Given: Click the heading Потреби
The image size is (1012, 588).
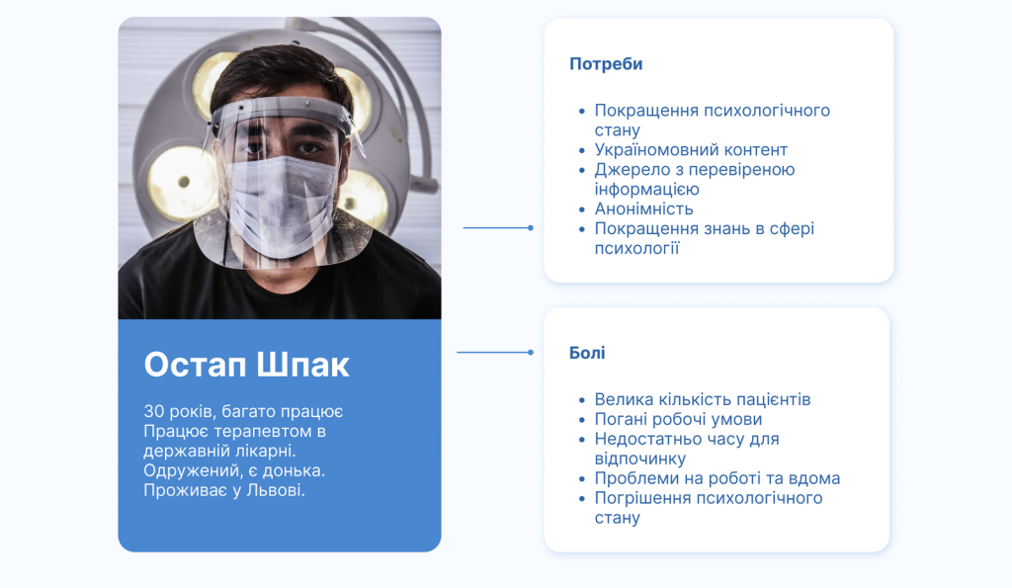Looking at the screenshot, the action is click(x=606, y=64).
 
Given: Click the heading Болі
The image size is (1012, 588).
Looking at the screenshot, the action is click(x=587, y=353).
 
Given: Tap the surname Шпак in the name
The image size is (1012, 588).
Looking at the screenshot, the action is click(x=302, y=365).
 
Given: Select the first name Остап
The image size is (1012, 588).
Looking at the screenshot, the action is click(x=196, y=365).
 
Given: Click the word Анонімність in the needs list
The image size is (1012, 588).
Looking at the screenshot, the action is click(x=643, y=209).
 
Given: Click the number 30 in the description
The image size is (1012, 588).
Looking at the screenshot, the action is click(x=153, y=411).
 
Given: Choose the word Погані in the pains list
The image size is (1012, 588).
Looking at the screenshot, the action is click(x=621, y=420).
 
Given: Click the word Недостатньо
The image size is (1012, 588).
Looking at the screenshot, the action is click(x=646, y=439).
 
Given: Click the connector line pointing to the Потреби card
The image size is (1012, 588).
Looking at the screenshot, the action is click(x=498, y=228).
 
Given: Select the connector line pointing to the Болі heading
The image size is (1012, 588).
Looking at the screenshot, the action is click(x=495, y=353).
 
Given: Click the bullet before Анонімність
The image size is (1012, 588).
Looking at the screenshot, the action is click(x=581, y=210).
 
